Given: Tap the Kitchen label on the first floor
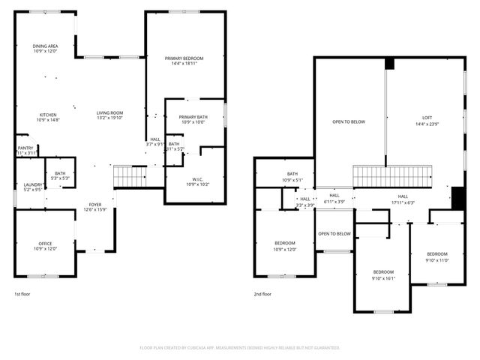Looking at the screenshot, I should (x=48, y=116).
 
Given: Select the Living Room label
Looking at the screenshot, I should (x=109, y=116).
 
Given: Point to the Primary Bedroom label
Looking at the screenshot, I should (x=184, y=61).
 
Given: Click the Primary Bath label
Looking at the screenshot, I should (x=193, y=120).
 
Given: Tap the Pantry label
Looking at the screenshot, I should (x=25, y=150).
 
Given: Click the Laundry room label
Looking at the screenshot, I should (x=32, y=187).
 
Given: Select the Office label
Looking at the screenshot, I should (x=46, y=246).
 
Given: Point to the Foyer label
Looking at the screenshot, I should (x=95, y=206).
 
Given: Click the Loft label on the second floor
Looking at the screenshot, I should (x=427, y=120).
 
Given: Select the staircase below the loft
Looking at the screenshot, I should (x=394, y=177).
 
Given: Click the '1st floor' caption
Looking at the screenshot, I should (x=23, y=294).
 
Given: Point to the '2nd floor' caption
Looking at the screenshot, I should (x=262, y=294).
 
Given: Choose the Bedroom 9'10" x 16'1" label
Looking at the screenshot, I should (x=384, y=274).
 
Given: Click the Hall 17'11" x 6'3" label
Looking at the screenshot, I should (x=403, y=199).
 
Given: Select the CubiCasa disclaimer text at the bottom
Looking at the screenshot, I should (x=240, y=348).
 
